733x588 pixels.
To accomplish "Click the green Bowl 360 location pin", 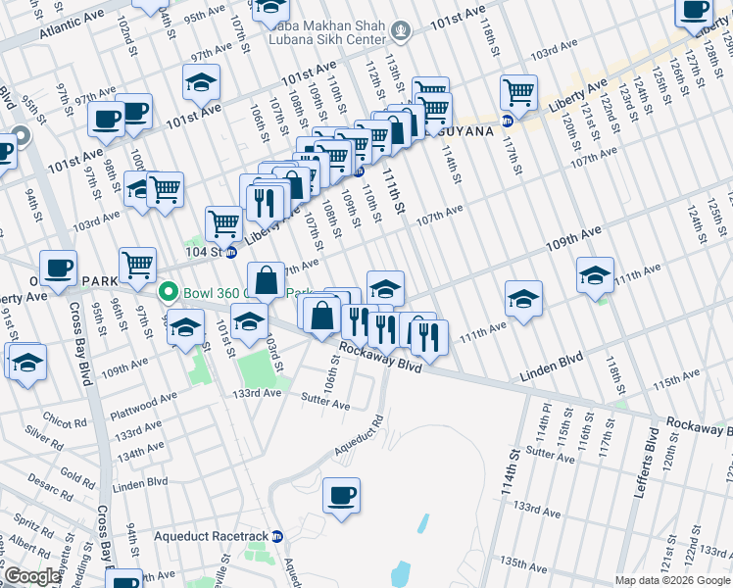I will click(x=169, y=292).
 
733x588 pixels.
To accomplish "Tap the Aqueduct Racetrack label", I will click(x=212, y=537).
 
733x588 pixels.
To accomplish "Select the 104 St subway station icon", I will click(x=231, y=252).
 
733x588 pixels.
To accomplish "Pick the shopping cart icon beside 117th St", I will click(x=518, y=93).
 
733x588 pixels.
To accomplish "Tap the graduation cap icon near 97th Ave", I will click(x=201, y=82).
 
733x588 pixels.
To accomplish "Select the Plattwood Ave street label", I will click(x=144, y=398).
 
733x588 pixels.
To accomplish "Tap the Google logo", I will click(x=32, y=576).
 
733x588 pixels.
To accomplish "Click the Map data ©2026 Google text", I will click(x=672, y=580).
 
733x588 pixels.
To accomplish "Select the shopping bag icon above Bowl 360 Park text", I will click(x=266, y=282).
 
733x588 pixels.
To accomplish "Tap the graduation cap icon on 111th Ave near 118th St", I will click(x=594, y=275).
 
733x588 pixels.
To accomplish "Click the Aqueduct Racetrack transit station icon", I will click(x=277, y=537).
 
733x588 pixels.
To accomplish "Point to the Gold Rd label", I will click(x=76, y=472).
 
